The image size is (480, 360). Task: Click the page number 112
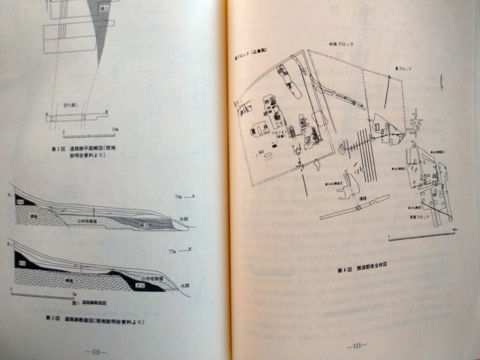click(x=96, y=352)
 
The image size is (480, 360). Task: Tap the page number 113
click(x=355, y=345)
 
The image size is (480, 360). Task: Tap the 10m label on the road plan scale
click(x=115, y=130)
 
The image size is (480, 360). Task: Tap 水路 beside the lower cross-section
click(x=184, y=286)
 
